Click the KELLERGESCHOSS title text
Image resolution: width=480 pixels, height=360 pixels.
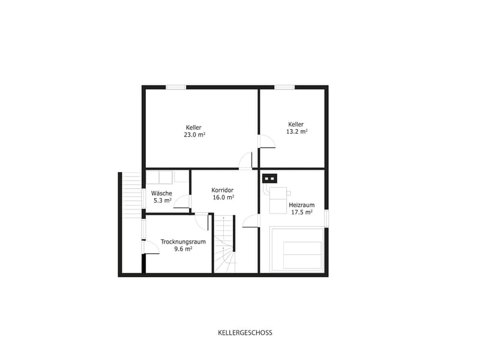point(245,333)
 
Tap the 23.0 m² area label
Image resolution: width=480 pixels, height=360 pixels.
point(194,134)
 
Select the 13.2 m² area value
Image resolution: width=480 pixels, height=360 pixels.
point(296,131)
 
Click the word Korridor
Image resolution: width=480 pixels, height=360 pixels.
point(223,190)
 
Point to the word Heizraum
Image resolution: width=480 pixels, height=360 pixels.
point(302,205)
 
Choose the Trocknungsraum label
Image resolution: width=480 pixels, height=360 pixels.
point(183,242)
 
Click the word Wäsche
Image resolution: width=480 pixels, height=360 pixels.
point(161,193)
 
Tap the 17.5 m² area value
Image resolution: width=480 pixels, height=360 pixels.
point(302,212)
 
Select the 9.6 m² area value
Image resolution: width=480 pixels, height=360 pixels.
point(183,249)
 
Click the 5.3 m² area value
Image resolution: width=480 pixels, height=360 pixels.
point(162,200)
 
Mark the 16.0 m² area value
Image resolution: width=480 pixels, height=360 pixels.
point(223,197)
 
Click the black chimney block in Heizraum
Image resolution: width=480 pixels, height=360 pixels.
point(269,178)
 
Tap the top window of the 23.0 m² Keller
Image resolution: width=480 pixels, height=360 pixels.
point(176,87)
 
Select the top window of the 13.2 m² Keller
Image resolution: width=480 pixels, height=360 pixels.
point(284,87)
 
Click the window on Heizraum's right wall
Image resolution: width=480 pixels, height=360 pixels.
point(326,218)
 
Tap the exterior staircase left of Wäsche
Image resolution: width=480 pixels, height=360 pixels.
point(131,195)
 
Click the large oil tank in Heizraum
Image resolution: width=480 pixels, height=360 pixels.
point(296,249)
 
